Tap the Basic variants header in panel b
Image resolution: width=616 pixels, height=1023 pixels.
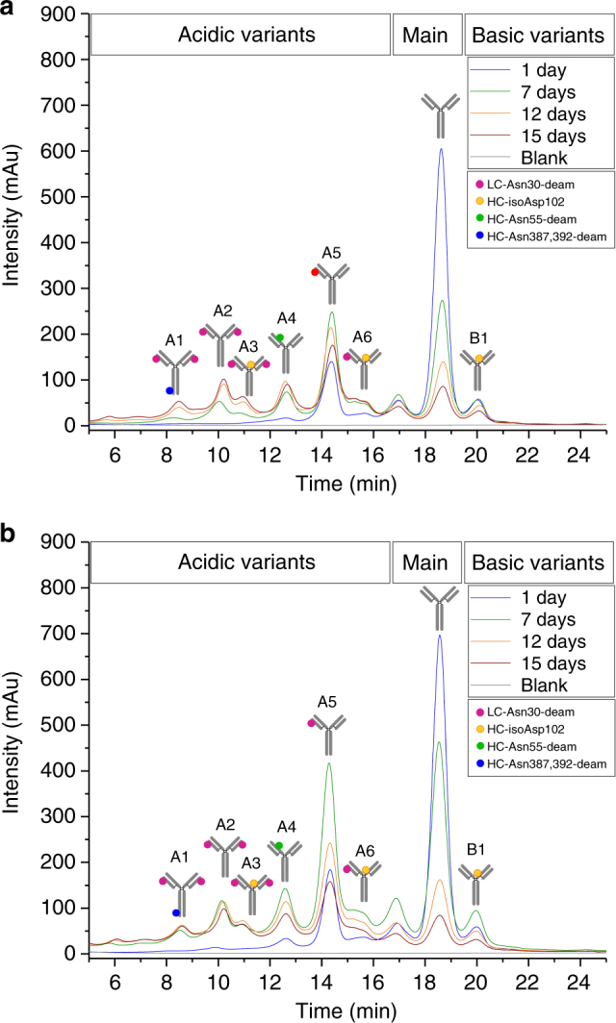pyautogui.click(x=535, y=561)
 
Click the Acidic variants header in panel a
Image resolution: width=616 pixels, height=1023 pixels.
pyautogui.click(x=246, y=36)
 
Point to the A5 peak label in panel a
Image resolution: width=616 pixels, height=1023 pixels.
pyautogui.click(x=331, y=253)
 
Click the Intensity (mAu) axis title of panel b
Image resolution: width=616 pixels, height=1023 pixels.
pyautogui.click(x=13, y=770)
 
